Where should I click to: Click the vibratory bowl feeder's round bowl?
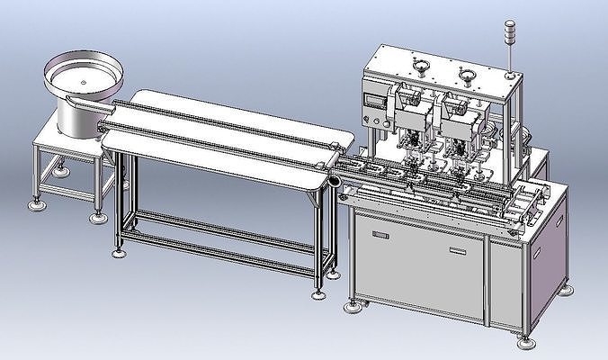pyautogui.click(x=83, y=76)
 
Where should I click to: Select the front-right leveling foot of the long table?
pyautogui.click(x=317, y=292)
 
